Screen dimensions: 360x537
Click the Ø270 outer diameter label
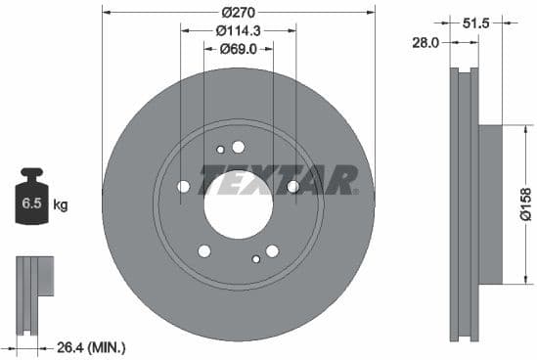tap(238, 12)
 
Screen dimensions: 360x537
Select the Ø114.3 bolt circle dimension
tap(238, 30)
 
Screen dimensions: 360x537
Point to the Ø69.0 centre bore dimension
tap(238, 48)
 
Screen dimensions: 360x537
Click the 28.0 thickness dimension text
tap(425, 41)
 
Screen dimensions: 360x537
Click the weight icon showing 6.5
tap(31, 202)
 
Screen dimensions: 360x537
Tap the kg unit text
tap(61, 205)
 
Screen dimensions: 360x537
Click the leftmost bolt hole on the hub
tap(184, 186)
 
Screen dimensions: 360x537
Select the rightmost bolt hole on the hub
tap(291, 186)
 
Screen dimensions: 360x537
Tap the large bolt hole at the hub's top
tap(238, 147)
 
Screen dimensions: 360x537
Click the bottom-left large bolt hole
tap(204, 250)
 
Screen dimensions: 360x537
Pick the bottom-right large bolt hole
tap(271, 250)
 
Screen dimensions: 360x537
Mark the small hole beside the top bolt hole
tap(220, 150)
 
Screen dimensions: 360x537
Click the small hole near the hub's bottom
tap(255, 258)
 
